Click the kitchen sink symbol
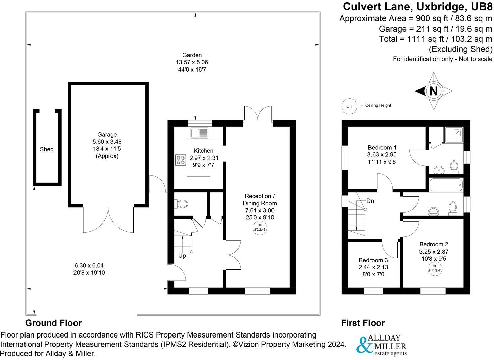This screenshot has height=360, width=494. click(x=199, y=133)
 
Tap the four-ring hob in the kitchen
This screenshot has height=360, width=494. click(x=181, y=160)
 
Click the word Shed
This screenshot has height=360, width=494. click(x=47, y=149)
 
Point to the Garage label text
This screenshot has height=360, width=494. click(x=107, y=135)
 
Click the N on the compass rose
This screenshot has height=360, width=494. click(x=433, y=91)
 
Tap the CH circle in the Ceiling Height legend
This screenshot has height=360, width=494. click(x=349, y=106)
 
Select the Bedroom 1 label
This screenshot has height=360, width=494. click(x=382, y=147)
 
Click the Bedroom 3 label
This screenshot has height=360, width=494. click(x=373, y=260)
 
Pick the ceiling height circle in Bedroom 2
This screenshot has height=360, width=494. click(x=435, y=268)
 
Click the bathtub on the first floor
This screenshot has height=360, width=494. click(x=446, y=185)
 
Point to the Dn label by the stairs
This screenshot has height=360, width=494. click(x=370, y=201)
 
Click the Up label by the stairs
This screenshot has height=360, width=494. click(x=182, y=256)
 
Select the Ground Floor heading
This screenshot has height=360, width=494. click(x=53, y=323)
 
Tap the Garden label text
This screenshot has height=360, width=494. click(x=192, y=55)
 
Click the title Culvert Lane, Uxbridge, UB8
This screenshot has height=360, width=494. click(x=417, y=7)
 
